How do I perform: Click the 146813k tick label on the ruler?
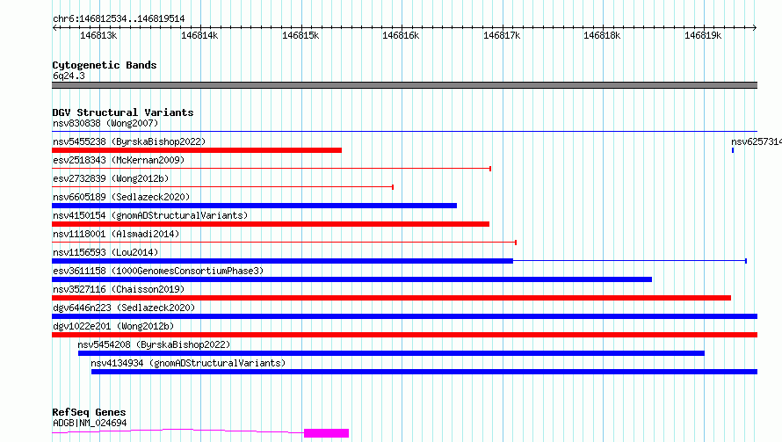98,35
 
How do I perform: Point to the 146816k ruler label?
402,35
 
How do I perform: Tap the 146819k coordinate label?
703,35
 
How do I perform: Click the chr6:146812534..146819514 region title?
119,18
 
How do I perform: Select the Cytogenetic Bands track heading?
105,65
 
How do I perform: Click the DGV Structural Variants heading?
122,112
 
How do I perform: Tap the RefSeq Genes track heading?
89,412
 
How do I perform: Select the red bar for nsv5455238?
197,150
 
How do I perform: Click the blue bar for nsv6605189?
254,206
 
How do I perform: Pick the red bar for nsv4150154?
271,224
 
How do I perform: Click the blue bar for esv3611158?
351,279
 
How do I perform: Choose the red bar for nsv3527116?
391,298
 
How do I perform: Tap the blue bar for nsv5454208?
391,353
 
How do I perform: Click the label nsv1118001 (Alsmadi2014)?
115,234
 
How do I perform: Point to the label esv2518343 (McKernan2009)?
119,160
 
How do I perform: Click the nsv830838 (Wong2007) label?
105,123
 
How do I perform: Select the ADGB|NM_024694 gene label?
90,423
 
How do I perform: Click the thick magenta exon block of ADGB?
326,432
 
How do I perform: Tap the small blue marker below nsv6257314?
733,150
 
